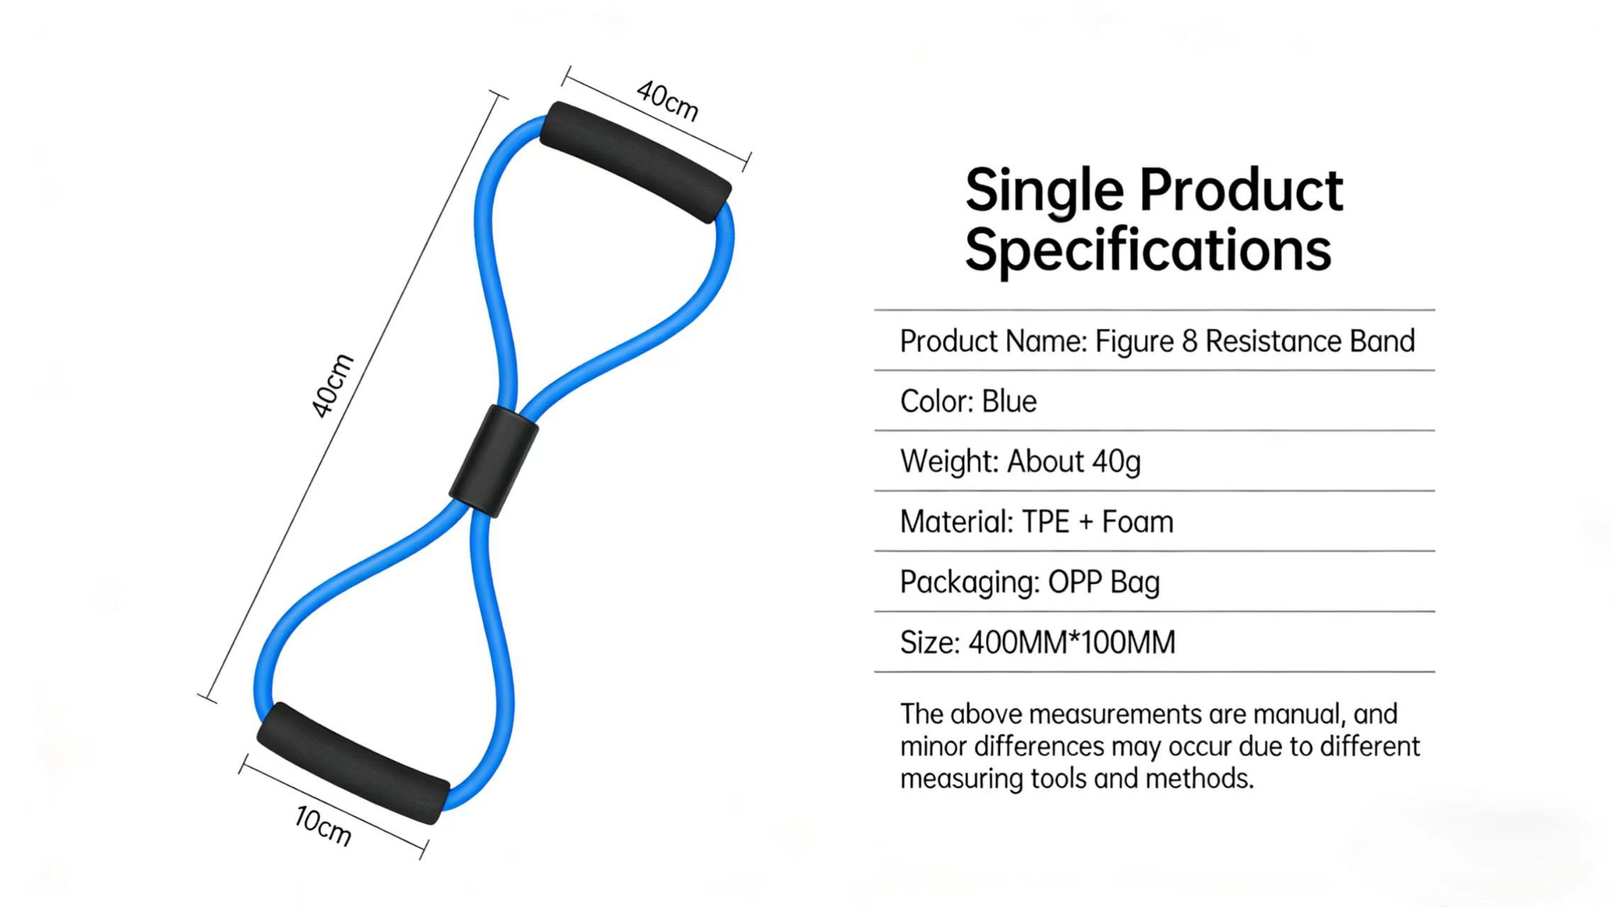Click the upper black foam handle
636,162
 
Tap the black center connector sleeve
494,461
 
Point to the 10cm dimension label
323,826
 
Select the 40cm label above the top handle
667,101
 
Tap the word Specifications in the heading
1148,250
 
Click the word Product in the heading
1241,190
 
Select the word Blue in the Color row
1009,401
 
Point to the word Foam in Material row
1137,522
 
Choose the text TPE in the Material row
1045,522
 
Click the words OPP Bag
1103,582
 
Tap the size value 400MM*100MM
1072,643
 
